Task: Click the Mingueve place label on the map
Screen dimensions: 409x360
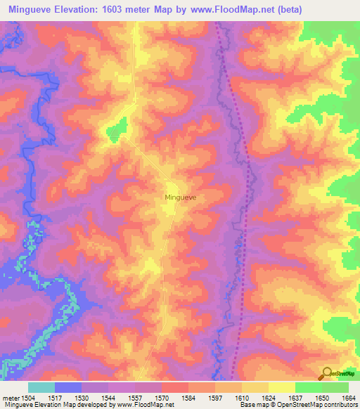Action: point(180,198)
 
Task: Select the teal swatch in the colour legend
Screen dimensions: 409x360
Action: point(41,387)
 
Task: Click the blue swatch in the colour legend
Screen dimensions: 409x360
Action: point(68,387)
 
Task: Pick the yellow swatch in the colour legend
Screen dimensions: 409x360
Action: point(281,387)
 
